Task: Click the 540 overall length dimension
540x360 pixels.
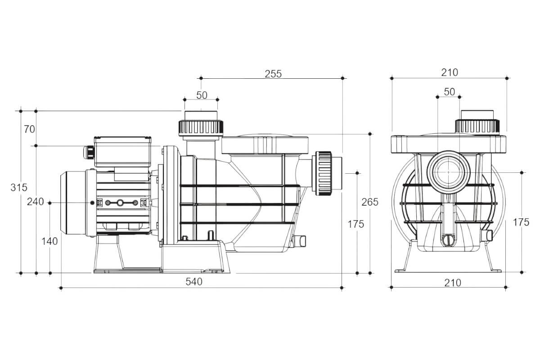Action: pos(194,282)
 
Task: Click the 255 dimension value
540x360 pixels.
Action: pos(273,74)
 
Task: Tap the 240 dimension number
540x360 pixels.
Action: pos(35,202)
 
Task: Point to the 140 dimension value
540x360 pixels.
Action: pos(49,241)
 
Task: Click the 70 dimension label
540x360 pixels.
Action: pos(29,129)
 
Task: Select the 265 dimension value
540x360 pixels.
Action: pos(370,202)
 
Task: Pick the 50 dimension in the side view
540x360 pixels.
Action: pos(202,94)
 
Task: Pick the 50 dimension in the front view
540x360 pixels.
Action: pos(449,92)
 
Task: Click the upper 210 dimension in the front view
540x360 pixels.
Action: pos(449,72)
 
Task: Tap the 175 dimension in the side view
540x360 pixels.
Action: pos(355,224)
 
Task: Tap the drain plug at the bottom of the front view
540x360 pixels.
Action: pos(448,240)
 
